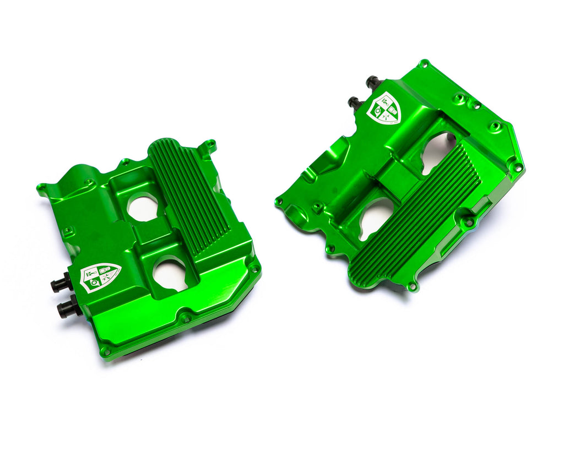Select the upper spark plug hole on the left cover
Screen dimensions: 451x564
(143, 208)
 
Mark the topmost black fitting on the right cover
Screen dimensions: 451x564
(373, 83)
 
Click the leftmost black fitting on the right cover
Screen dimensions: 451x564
(354, 102)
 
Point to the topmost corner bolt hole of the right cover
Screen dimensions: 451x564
(424, 64)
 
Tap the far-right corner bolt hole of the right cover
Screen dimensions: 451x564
(517, 167)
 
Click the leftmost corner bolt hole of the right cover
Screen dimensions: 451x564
(279, 202)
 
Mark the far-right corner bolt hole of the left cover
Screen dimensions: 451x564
(254, 269)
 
